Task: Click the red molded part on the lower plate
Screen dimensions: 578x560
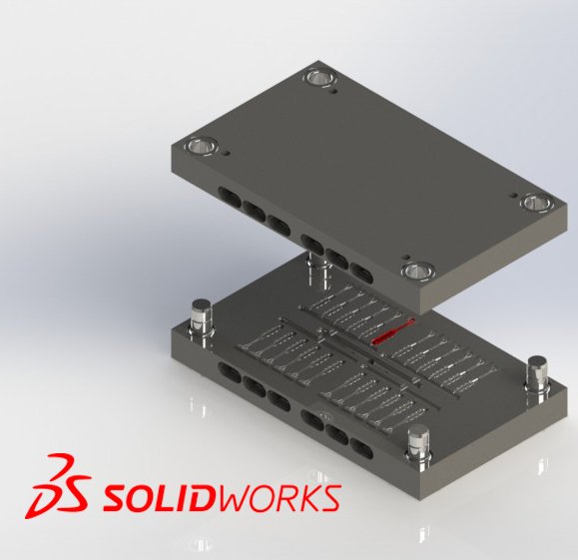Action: tap(392, 331)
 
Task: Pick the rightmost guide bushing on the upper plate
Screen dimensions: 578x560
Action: tap(538, 203)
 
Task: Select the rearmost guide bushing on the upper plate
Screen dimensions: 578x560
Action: tap(322, 78)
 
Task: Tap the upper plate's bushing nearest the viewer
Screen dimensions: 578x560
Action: tap(418, 271)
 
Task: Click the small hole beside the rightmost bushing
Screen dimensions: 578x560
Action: tap(513, 196)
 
